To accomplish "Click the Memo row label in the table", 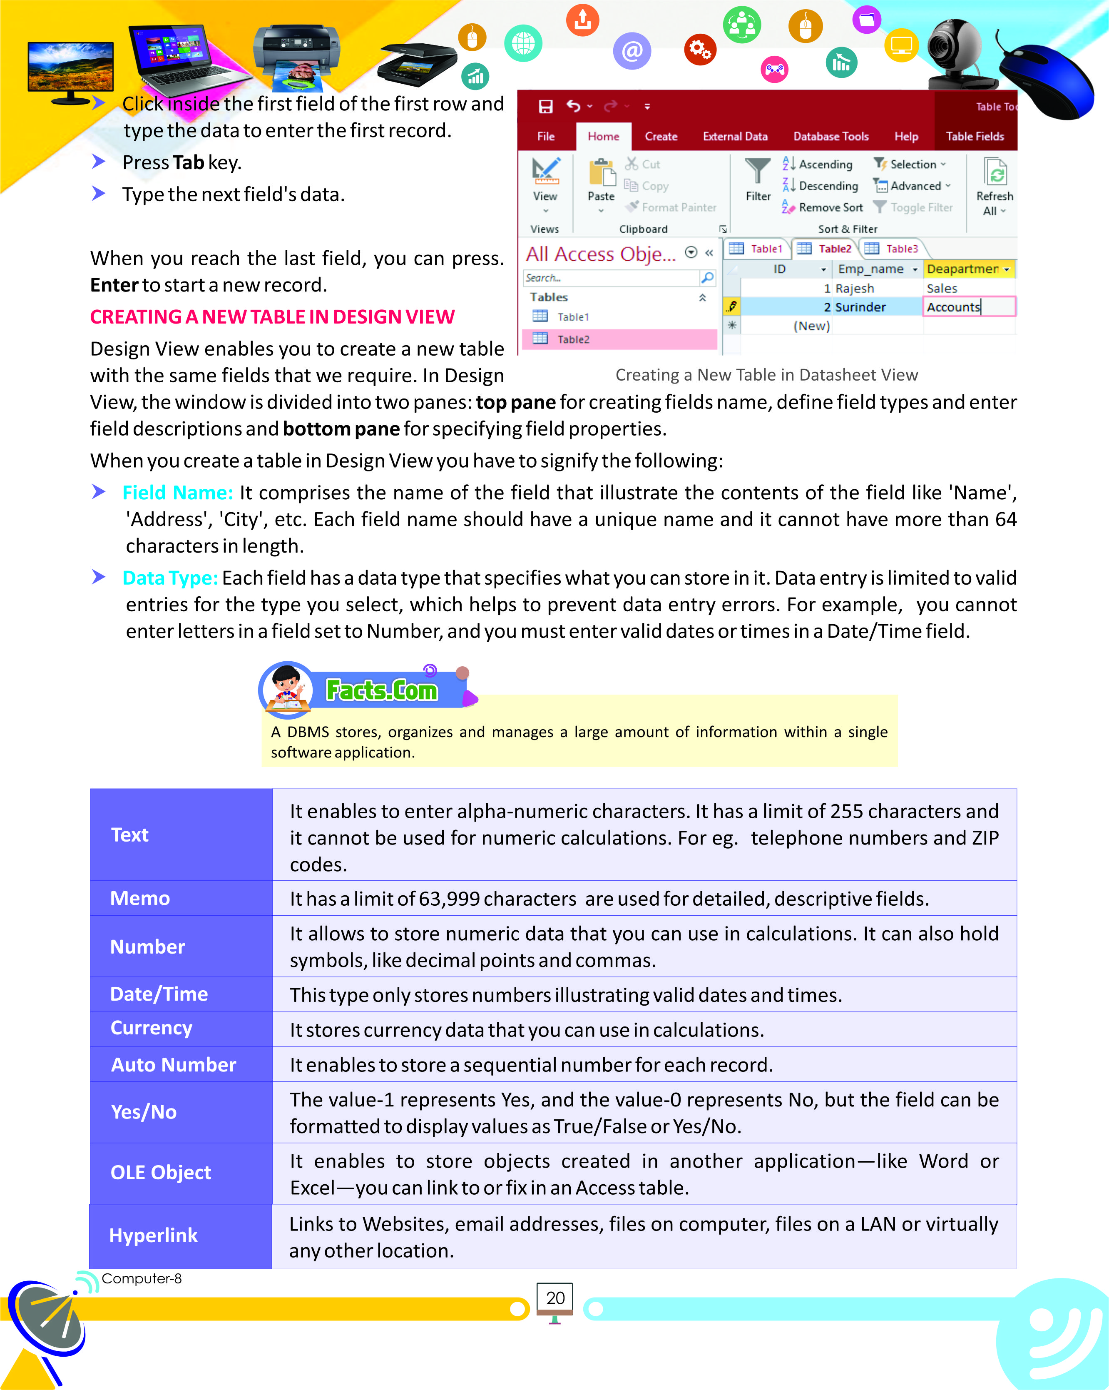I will [x=140, y=898].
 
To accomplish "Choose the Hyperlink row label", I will [x=153, y=1235].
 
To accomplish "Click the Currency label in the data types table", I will [x=152, y=1028].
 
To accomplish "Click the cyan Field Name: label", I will [x=177, y=493].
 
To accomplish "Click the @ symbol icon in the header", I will [x=632, y=50].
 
